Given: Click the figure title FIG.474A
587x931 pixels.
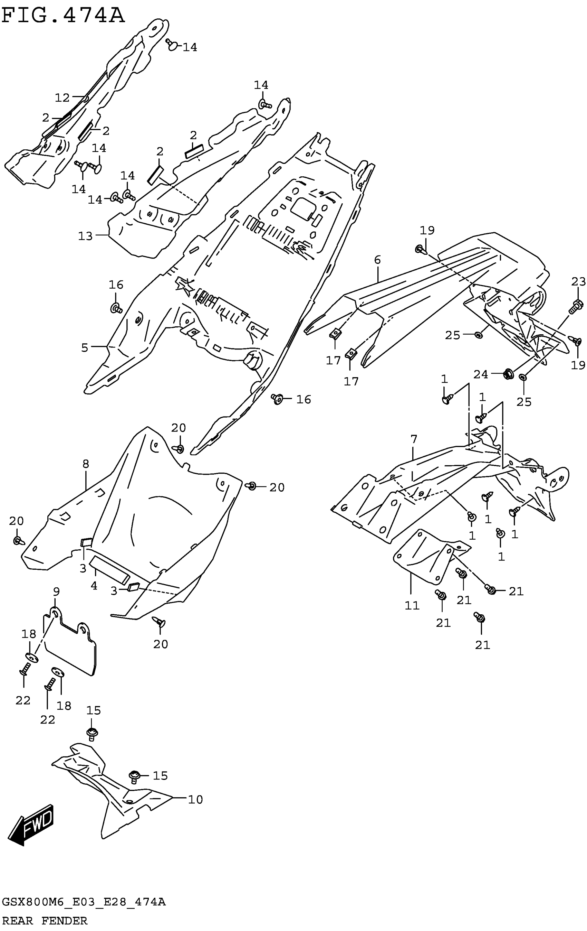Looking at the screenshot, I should (63, 16).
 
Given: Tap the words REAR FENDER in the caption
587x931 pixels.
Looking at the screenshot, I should (45, 921).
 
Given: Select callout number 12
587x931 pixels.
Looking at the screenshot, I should (62, 98).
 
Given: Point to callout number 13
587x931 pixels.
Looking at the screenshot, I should (85, 235).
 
